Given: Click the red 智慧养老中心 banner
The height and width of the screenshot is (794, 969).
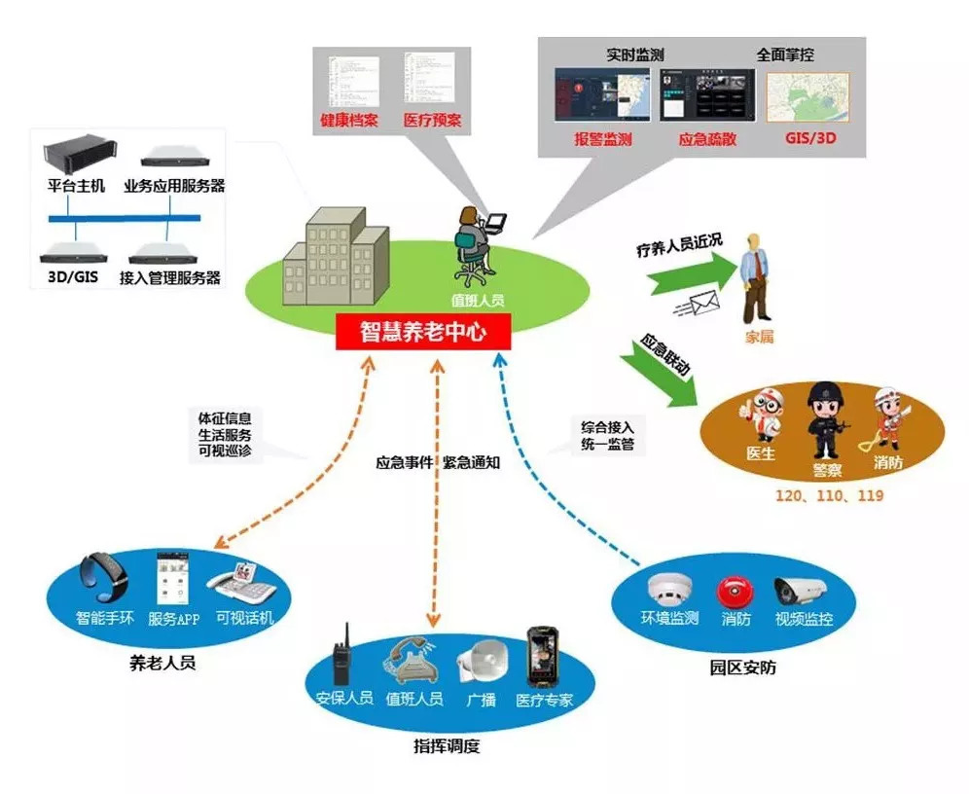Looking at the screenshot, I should pyautogui.click(x=422, y=332).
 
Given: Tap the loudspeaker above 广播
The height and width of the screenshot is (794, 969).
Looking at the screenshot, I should pyautogui.click(x=481, y=664).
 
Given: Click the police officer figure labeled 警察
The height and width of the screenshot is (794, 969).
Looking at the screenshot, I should pyautogui.click(x=824, y=418).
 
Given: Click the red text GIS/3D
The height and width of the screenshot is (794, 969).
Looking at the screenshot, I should pyautogui.click(x=810, y=139).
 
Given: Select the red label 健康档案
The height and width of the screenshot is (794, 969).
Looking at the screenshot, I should pyautogui.click(x=346, y=123).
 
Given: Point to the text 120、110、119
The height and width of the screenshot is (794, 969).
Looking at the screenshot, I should pyautogui.click(x=829, y=496).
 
